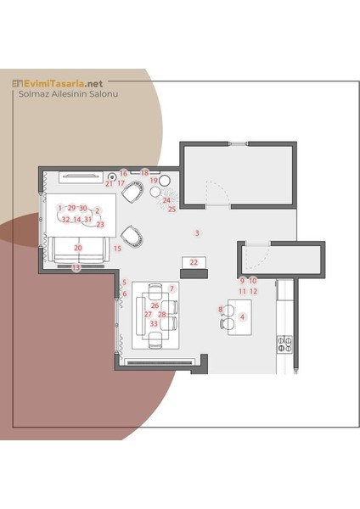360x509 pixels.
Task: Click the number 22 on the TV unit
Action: (x=194, y=262)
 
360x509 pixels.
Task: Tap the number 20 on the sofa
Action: (x=78, y=248)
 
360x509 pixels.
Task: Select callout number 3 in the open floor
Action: (x=197, y=233)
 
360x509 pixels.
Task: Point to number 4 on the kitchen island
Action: (x=242, y=316)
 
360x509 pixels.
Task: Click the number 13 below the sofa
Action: (x=76, y=268)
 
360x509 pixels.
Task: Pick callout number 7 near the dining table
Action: (x=172, y=288)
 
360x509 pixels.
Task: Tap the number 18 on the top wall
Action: (x=144, y=173)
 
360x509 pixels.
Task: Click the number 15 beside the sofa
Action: (x=117, y=249)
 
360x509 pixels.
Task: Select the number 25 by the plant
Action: (x=172, y=209)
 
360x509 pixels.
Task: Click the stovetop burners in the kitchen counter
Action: (x=284, y=344)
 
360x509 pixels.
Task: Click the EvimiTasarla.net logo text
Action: (x=64, y=83)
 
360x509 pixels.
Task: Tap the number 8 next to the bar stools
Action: (x=220, y=310)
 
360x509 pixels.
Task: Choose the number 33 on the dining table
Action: (x=154, y=324)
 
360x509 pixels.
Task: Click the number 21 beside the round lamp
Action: (x=109, y=184)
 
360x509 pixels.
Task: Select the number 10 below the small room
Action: (x=253, y=281)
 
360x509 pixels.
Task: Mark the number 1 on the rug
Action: (x=60, y=208)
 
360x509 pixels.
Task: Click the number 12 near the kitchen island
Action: (x=253, y=292)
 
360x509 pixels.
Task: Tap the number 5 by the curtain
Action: (x=124, y=282)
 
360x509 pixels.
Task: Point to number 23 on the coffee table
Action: (x=100, y=224)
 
